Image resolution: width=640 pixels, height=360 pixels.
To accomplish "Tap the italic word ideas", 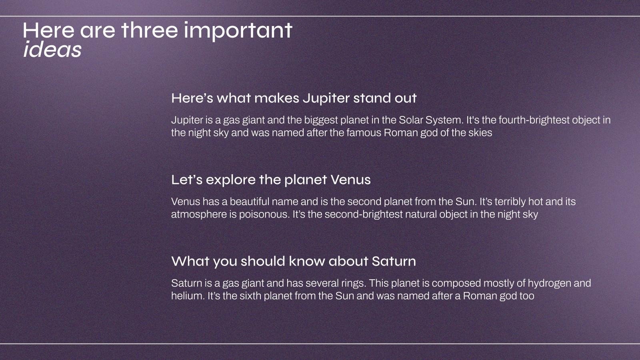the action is [x=52, y=49].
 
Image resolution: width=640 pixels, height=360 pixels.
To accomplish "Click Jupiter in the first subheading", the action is [x=326, y=98].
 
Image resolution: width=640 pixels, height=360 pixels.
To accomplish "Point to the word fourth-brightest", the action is [x=534, y=120].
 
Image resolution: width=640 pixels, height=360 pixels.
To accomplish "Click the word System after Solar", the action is [x=444, y=120].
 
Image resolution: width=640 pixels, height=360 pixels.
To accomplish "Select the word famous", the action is [x=364, y=133].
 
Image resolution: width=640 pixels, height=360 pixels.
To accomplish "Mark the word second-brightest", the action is [x=364, y=214].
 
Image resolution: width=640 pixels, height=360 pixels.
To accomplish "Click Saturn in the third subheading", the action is [x=394, y=262].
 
